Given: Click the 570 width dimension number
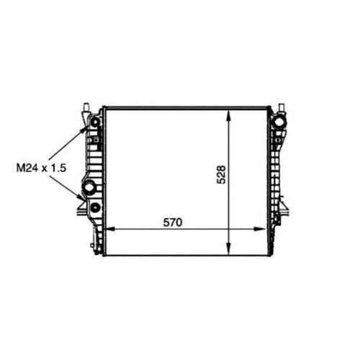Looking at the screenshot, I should coord(171,222).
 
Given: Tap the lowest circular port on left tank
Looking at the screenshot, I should coord(94,209).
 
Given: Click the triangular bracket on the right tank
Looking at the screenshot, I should coord(289,209).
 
